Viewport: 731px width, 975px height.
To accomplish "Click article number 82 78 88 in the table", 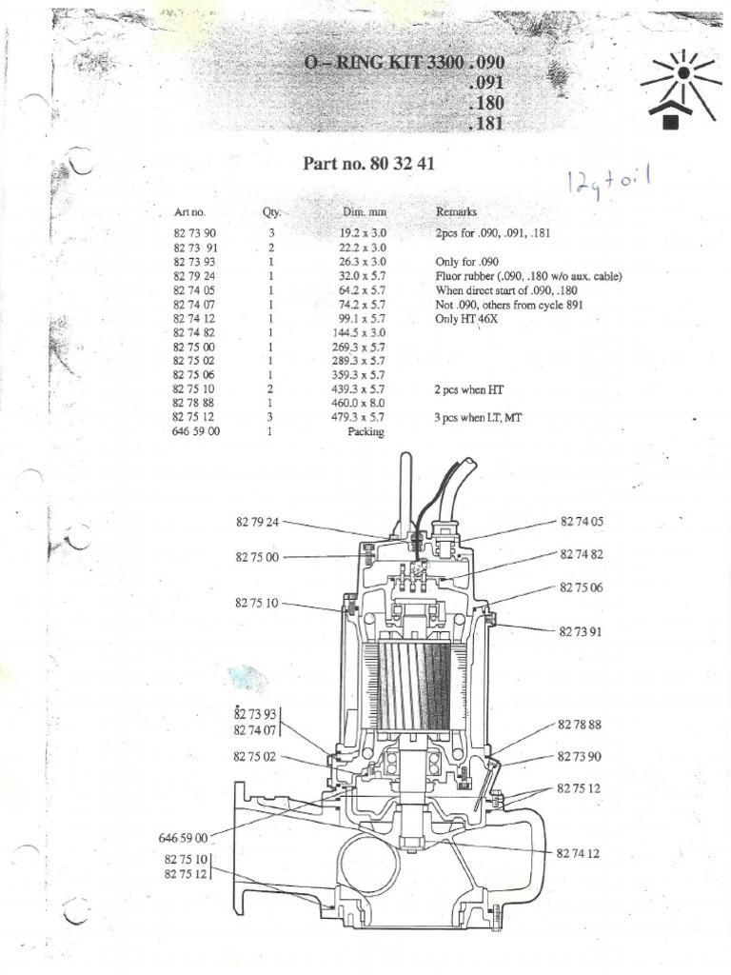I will (196, 403).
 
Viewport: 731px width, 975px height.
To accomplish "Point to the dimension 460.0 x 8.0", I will (362, 403).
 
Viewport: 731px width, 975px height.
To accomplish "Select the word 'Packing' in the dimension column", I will (366, 431).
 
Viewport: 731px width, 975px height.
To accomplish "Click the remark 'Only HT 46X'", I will (466, 318).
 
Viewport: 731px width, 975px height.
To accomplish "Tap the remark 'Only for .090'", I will (467, 261).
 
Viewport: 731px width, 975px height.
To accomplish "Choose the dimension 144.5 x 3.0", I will (362, 332).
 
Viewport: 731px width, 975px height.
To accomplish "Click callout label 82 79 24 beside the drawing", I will (257, 522).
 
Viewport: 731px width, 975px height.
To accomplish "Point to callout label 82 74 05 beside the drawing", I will (582, 522).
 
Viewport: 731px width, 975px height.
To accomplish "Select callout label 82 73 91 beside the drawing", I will (582, 630).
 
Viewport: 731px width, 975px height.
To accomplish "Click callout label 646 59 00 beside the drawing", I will (183, 838).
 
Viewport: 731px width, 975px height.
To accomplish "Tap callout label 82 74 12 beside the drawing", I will (579, 854).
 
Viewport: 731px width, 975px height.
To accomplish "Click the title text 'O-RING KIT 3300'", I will (383, 63).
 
